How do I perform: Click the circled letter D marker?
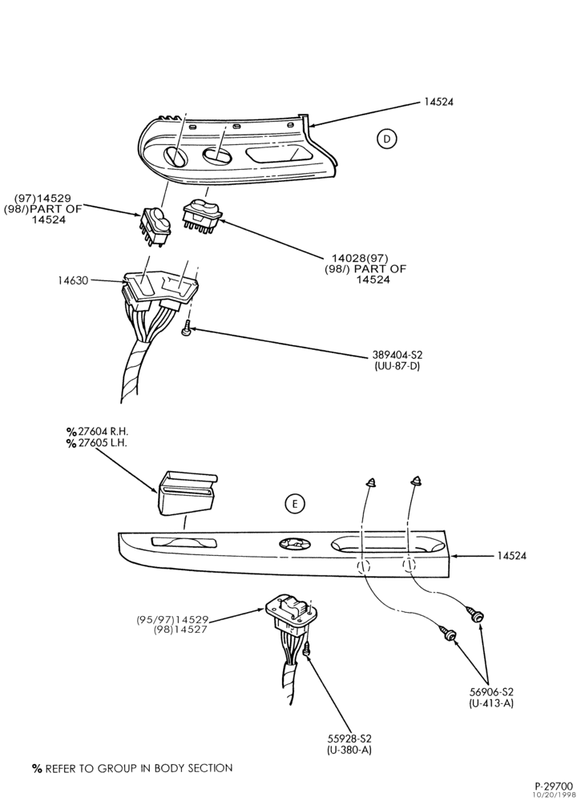387,139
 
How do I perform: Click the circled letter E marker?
294,504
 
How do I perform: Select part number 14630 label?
73,280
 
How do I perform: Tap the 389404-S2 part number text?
397,355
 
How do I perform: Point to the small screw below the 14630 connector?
187,328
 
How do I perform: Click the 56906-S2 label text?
491,692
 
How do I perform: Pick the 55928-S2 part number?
349,739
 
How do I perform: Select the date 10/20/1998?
554,795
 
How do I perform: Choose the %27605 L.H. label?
96,443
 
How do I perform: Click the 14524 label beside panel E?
511,556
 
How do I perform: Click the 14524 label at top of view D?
438,102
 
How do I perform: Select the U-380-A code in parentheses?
349,750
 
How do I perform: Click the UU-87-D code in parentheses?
397,366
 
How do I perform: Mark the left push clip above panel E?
371,481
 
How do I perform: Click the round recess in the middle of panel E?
294,545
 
